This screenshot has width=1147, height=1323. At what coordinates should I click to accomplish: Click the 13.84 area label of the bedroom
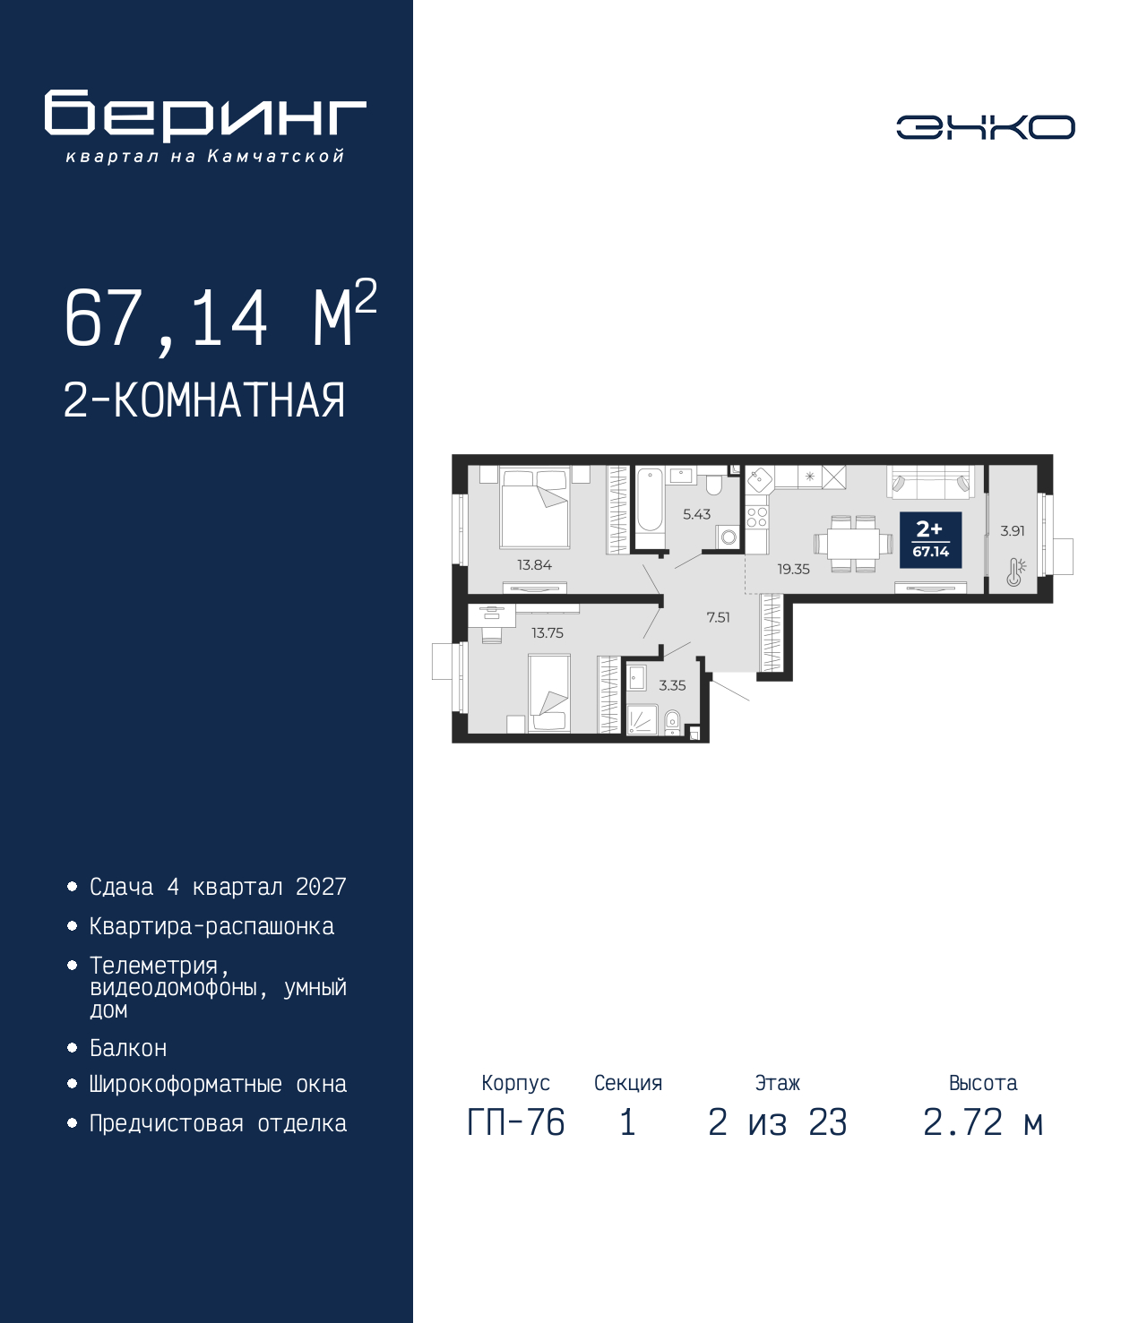[534, 565]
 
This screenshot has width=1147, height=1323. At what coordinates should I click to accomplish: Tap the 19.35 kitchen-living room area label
[793, 569]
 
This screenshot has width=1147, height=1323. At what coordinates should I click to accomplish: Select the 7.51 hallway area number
[718, 618]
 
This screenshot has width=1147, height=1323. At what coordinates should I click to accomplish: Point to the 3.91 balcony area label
[1013, 530]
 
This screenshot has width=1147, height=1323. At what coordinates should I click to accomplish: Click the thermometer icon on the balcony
[1016, 572]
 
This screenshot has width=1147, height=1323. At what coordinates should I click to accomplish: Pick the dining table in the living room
[853, 544]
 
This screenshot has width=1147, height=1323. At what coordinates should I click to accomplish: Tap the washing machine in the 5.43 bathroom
[729, 537]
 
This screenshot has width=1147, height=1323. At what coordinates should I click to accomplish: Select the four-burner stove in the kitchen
[757, 517]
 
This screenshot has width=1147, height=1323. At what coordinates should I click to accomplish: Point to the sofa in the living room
[930, 482]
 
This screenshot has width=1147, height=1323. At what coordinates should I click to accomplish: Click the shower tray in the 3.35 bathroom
[642, 719]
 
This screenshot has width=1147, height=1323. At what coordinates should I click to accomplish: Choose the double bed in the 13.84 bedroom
[535, 508]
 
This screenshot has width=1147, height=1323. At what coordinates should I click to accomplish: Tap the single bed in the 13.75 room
[548, 693]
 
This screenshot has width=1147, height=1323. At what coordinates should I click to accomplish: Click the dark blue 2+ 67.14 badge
[930, 539]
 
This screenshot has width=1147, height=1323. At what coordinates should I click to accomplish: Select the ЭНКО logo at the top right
[986, 126]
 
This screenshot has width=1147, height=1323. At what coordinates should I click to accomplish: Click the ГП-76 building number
[515, 1122]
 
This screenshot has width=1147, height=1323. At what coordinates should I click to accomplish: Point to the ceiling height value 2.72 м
[983, 1122]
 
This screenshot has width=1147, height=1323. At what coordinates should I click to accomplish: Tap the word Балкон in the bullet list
[128, 1048]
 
